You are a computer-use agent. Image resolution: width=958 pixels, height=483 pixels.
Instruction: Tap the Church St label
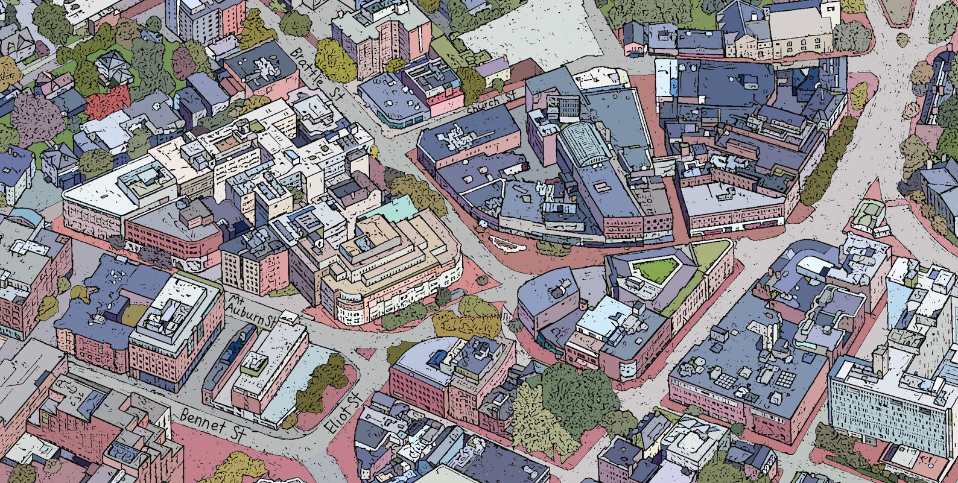[491, 104]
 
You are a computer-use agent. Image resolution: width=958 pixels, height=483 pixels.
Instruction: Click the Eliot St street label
[341, 412]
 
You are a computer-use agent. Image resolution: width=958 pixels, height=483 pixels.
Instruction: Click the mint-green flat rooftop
[396, 209]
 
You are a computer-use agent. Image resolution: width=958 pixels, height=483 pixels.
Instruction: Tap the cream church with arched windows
[796, 30]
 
